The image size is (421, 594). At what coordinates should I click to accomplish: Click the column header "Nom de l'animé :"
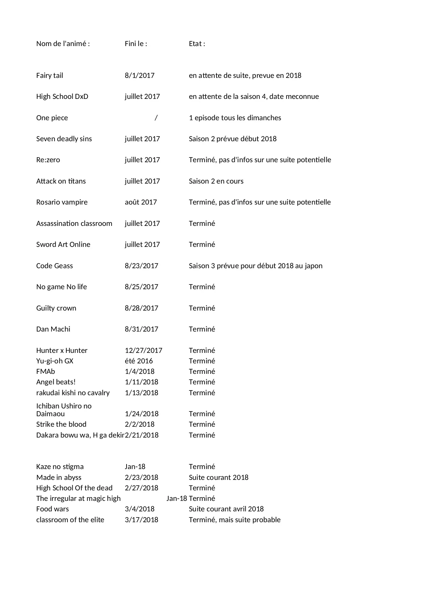click(63, 44)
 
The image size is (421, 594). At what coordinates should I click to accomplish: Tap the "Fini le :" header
click(136, 44)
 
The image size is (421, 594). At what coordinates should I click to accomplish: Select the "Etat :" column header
click(197, 44)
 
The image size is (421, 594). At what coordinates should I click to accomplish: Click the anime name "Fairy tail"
click(50, 76)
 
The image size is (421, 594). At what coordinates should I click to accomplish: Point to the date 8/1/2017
click(139, 76)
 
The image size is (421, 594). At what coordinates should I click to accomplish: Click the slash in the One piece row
click(156, 118)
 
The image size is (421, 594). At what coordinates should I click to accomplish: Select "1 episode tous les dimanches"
click(235, 118)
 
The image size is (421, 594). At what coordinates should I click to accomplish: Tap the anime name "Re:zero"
click(48, 160)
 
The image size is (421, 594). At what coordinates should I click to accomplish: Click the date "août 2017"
click(141, 202)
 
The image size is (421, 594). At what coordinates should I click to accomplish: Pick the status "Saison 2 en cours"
click(216, 181)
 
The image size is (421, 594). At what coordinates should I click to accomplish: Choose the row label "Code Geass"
click(54, 266)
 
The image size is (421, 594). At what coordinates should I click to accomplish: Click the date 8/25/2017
click(141, 287)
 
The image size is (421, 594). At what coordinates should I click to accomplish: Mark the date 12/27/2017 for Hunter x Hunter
click(143, 351)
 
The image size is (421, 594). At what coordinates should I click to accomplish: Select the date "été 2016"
click(139, 361)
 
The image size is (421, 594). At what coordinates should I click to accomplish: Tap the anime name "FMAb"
click(45, 372)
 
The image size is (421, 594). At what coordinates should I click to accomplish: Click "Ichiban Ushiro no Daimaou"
click(63, 410)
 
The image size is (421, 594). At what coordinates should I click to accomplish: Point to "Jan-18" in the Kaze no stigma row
click(135, 467)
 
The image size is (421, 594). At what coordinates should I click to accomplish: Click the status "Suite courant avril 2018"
click(226, 509)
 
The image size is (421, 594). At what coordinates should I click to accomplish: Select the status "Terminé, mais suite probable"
click(234, 520)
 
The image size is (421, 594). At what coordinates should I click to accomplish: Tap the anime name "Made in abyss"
click(59, 478)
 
